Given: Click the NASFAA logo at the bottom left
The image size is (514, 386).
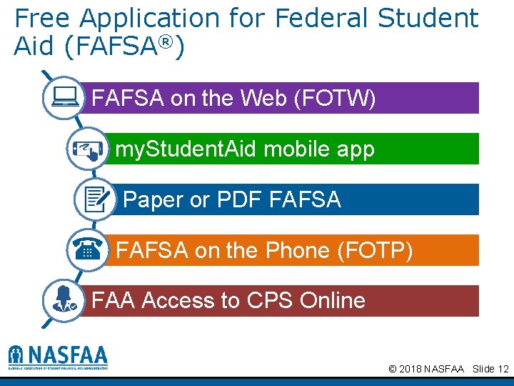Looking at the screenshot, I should click(x=58, y=357).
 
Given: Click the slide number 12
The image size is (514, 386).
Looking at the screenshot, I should click(x=503, y=369).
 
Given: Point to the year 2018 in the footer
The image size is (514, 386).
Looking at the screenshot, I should click(x=410, y=369).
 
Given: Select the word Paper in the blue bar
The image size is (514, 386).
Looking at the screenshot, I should click(x=153, y=200).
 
